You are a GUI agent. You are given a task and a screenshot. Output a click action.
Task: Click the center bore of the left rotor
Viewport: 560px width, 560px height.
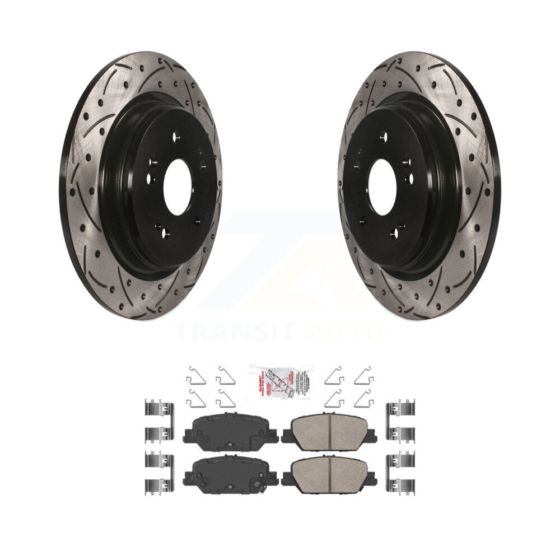(x=178, y=187)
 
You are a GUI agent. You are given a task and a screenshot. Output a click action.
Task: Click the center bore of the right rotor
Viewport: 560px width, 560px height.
(x=382, y=187)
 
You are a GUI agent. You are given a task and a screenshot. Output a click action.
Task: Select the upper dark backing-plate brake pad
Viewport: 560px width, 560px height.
(x=230, y=432)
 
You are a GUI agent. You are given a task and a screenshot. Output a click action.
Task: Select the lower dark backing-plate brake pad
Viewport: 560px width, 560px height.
(x=230, y=475)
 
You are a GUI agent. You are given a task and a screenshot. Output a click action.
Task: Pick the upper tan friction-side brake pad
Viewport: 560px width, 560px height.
(x=329, y=432)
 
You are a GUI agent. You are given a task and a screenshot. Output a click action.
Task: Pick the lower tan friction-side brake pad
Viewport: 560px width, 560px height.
(x=329, y=475)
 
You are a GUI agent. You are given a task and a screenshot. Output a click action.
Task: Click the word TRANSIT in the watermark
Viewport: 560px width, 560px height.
(x=235, y=332)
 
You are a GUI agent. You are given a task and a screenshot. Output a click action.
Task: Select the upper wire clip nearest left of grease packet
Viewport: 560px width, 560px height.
(x=226, y=375)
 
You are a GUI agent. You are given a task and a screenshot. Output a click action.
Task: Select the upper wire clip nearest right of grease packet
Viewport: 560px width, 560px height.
(x=334, y=375)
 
